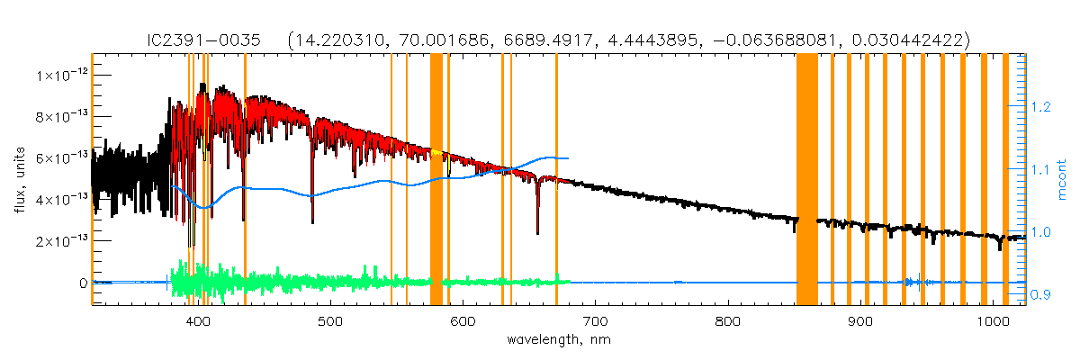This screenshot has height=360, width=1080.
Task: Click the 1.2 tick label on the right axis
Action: click(1041, 107)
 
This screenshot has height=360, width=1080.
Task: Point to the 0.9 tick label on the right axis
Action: click(1041, 294)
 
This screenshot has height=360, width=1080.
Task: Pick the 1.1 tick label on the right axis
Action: click(1041, 169)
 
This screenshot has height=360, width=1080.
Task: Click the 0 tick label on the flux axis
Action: click(83, 283)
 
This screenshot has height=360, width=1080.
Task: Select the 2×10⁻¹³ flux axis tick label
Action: click(60, 241)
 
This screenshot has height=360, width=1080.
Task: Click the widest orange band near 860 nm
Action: click(806, 180)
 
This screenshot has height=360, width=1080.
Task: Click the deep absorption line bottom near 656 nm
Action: click(538, 232)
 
